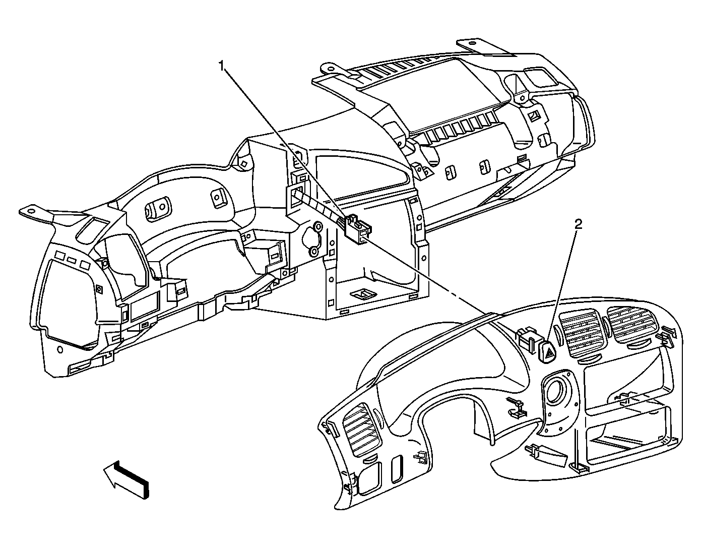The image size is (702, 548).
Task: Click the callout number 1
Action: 222,65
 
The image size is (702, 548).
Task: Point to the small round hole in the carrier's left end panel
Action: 60,349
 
